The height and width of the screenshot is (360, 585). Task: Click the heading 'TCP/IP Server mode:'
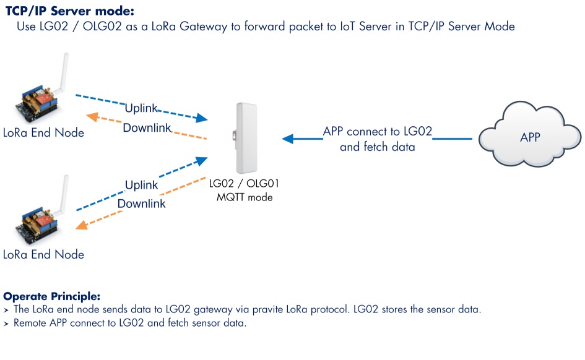pyautogui.click(x=70, y=11)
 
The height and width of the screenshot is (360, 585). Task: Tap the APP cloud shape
pyautogui.click(x=530, y=134)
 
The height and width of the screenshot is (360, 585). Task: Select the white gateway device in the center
pyautogui.click(x=246, y=138)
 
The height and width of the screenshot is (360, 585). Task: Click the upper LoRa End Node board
pyautogui.click(x=37, y=103)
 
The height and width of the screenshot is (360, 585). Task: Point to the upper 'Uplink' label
pyautogui.click(x=141, y=108)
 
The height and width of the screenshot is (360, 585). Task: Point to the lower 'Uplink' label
pyautogui.click(x=141, y=185)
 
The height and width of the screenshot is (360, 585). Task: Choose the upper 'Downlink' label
pyautogui.click(x=147, y=128)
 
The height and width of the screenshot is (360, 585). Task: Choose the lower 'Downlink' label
pyautogui.click(x=141, y=204)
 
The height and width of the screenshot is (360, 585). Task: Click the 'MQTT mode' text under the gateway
pyautogui.click(x=245, y=197)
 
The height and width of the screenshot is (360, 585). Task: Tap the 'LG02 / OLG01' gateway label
pyautogui.click(x=244, y=183)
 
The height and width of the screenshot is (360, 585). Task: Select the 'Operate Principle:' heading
pyautogui.click(x=52, y=296)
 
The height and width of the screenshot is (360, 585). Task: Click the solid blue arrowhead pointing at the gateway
pyautogui.click(x=288, y=139)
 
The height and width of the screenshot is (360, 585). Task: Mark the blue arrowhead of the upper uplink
pyautogui.click(x=201, y=118)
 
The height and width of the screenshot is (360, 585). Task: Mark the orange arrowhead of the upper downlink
pyautogui.click(x=92, y=117)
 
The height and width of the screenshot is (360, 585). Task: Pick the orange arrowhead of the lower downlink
pyautogui.click(x=82, y=225)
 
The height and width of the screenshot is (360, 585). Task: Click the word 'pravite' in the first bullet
pyautogui.click(x=269, y=309)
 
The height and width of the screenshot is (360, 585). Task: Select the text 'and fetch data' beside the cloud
pyautogui.click(x=378, y=147)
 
